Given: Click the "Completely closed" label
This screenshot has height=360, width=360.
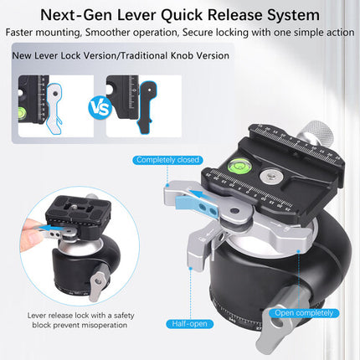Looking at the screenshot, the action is (167, 160).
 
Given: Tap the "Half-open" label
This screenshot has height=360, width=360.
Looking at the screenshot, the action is (190, 324).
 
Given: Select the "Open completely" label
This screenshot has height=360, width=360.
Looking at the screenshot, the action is (304, 313).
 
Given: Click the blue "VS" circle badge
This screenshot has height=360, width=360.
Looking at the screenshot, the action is (100, 106).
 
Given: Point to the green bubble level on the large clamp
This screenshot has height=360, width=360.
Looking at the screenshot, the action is (237, 166).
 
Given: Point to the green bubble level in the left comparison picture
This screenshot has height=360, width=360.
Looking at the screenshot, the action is (22, 113).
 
